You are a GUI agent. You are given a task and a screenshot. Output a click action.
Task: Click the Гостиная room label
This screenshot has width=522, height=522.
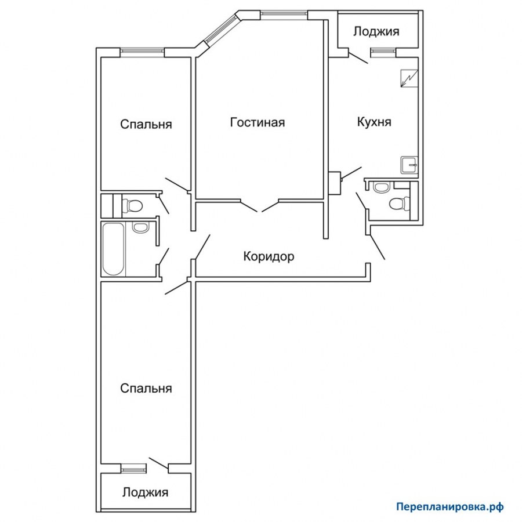258,122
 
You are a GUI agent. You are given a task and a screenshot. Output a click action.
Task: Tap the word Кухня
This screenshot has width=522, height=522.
374,122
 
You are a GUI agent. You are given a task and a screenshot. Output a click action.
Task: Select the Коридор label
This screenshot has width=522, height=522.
269,257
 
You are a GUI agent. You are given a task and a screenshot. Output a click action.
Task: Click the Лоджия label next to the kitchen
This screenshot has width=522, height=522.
376,32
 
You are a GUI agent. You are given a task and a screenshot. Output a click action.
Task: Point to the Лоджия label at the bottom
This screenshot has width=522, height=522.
145,492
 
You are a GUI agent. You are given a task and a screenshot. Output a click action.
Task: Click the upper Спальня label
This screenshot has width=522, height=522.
146,124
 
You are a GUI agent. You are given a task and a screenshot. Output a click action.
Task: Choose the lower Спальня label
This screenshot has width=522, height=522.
146,388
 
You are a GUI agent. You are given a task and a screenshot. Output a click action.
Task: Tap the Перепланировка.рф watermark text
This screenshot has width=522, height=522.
449,507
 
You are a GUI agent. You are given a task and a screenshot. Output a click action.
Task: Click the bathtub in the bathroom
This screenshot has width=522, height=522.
114,249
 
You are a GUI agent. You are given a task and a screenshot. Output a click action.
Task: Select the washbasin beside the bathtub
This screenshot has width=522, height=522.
140,227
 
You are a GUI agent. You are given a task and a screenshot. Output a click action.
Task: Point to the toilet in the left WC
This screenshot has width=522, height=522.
132,205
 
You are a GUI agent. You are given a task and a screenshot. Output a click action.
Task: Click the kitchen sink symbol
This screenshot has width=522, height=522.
409,165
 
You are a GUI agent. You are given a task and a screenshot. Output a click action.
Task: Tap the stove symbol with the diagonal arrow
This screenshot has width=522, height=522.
409,78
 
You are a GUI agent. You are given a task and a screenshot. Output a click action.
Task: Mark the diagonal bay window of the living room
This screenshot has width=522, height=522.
220,30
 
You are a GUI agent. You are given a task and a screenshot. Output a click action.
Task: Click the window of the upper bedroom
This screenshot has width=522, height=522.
142,51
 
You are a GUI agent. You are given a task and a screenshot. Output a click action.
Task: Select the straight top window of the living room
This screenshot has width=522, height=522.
283,13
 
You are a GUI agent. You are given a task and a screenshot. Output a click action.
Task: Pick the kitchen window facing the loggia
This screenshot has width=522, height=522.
383,51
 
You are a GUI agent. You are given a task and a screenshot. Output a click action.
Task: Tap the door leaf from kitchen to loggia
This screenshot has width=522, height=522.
358,57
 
